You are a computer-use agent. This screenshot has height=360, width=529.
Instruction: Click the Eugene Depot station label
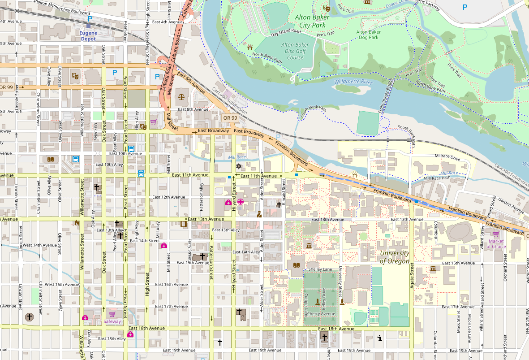coord(88,36)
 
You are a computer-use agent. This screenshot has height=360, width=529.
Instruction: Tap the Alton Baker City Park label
coord(312,21)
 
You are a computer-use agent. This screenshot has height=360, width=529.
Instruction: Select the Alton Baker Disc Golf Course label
coord(295,51)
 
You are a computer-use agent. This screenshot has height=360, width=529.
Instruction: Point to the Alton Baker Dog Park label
coord(368,35)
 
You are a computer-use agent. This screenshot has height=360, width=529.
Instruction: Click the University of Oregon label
coord(394,257)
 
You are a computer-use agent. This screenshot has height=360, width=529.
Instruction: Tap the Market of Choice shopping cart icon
coord(496,234)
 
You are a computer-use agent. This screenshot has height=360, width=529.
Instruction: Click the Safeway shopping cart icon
coord(112,314)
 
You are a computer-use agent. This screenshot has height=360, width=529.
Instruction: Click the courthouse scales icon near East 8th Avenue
coord(181,95)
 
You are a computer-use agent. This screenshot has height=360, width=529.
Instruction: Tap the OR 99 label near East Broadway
coord(230,118)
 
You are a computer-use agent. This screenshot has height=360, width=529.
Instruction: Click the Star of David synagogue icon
coord(239,166)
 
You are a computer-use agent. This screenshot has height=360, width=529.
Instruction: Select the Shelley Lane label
coord(320,269)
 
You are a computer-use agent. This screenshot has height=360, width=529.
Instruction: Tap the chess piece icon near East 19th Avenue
coord(379,338)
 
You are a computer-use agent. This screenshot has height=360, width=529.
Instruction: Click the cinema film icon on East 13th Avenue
coord(183,223)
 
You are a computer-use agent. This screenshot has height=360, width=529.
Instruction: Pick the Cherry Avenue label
coord(321,313)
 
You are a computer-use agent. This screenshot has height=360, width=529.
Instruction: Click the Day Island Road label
coord(285,32)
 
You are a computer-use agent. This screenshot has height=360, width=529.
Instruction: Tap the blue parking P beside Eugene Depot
coord(90,19)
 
